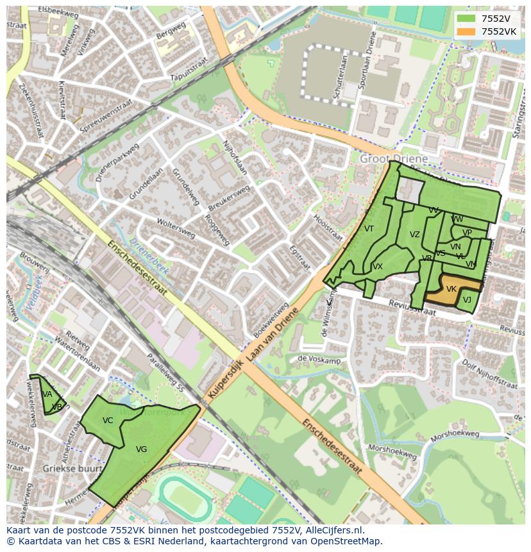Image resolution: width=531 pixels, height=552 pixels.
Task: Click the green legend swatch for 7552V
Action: click(x=466, y=19)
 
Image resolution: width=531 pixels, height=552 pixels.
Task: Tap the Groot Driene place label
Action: click(x=394, y=158)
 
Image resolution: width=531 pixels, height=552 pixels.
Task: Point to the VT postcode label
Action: click(x=369, y=229)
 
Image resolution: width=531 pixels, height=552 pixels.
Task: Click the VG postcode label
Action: click(x=142, y=449)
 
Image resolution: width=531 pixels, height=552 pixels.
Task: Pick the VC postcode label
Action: click(x=108, y=421)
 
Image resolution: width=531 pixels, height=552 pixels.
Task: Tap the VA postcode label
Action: click(x=47, y=394)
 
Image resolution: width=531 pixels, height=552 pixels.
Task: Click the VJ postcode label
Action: click(x=467, y=300)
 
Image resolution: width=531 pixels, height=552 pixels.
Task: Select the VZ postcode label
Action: click(x=415, y=235)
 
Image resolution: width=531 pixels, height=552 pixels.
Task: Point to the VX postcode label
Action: click(x=378, y=267)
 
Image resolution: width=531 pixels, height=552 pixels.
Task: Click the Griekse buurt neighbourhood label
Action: click(x=64, y=469)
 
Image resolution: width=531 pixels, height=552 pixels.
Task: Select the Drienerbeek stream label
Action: click(x=148, y=256)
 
